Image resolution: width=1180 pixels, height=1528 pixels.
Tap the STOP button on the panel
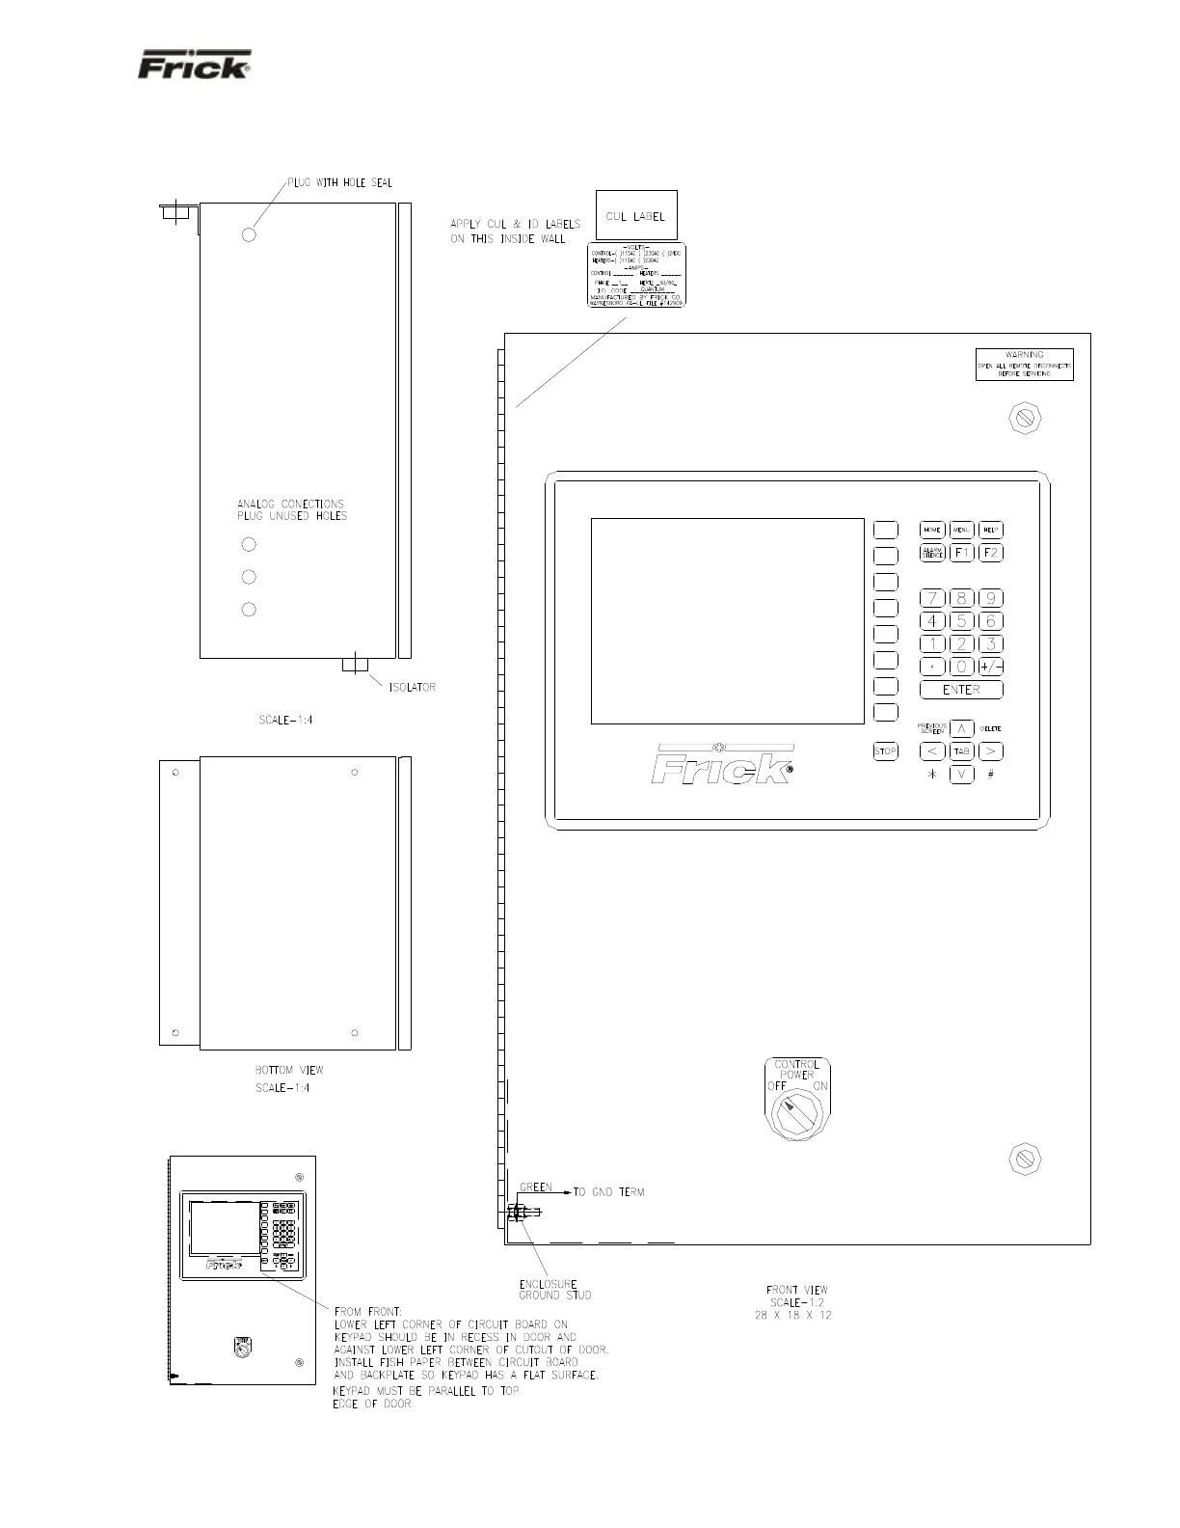[x=885, y=751]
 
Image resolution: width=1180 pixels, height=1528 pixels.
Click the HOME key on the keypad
[x=931, y=530]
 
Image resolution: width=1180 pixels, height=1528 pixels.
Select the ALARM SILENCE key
[x=931, y=553]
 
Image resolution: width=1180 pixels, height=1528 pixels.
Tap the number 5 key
[x=961, y=621]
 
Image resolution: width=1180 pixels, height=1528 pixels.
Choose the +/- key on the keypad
[x=990, y=667]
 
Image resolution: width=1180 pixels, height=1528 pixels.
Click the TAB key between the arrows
[x=961, y=751]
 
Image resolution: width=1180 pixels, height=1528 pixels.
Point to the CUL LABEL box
[x=636, y=216]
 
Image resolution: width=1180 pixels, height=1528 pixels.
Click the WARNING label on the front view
[x=1024, y=364]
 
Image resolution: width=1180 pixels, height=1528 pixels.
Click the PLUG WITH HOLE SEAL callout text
[x=339, y=183]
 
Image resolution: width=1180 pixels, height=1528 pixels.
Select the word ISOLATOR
[x=412, y=688]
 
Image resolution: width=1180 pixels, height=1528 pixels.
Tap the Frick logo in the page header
[x=195, y=65]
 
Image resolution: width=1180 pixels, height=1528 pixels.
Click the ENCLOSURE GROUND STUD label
[x=548, y=1290]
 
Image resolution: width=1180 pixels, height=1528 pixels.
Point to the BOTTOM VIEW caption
[x=289, y=1070]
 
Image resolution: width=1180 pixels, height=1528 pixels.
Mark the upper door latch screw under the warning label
[x=1025, y=418]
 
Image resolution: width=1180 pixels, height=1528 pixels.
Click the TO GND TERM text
[x=608, y=1192]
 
